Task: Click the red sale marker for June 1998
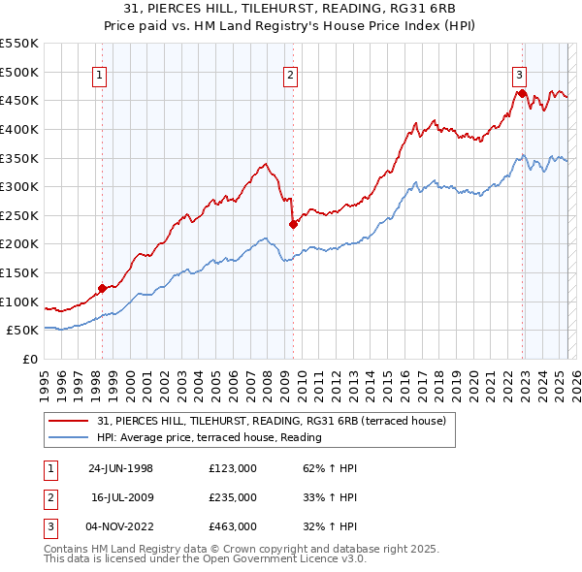click(x=102, y=288)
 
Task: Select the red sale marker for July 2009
click(x=292, y=224)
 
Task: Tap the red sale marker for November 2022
click(x=522, y=93)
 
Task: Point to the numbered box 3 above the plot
click(x=520, y=73)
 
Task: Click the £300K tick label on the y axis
click(x=19, y=186)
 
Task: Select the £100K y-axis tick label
click(x=19, y=302)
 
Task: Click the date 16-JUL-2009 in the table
click(x=122, y=496)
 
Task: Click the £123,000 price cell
click(x=233, y=467)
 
